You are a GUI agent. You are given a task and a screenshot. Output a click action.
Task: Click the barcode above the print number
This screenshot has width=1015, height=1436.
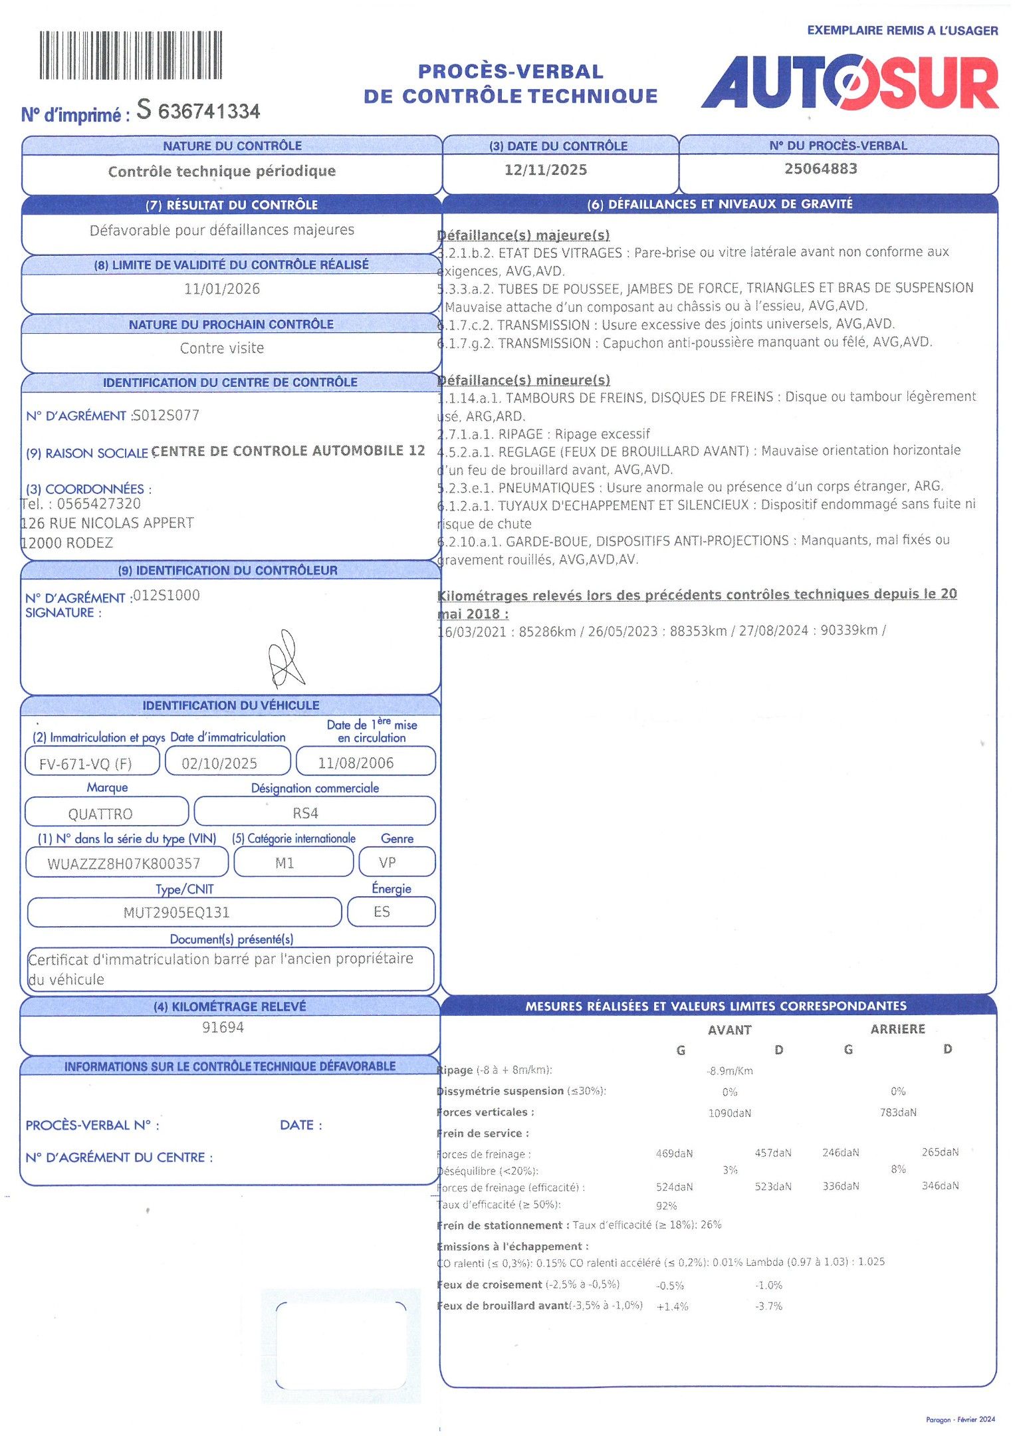click(130, 55)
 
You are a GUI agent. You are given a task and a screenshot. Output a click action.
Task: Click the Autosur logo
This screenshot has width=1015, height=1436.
click(849, 82)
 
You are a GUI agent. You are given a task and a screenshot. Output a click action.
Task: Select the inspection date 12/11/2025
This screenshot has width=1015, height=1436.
click(545, 170)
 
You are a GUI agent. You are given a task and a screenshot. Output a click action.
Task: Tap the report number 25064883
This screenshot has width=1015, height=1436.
click(820, 169)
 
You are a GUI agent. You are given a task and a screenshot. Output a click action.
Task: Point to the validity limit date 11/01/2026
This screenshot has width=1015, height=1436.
click(222, 289)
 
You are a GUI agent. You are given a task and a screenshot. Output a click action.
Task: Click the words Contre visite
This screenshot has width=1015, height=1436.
click(222, 348)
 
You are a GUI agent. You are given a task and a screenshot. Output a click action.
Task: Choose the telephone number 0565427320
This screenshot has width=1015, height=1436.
click(98, 504)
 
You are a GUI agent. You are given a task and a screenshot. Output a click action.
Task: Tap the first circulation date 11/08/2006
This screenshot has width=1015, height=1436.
click(356, 763)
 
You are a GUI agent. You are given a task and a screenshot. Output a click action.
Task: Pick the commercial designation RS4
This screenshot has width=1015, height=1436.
click(305, 813)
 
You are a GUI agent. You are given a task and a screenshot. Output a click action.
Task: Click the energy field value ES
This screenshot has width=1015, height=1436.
click(382, 912)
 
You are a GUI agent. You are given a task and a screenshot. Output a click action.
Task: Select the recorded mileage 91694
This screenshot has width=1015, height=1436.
click(223, 1028)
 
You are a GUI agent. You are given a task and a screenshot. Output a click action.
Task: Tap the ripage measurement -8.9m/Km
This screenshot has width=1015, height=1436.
click(729, 1071)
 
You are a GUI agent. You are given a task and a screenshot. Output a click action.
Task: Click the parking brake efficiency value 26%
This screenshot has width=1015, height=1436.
click(711, 1225)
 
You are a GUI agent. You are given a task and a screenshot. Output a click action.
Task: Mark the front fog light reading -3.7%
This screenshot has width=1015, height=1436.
click(768, 1306)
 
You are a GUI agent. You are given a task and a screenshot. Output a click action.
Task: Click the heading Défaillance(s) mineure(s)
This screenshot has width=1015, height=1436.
click(524, 380)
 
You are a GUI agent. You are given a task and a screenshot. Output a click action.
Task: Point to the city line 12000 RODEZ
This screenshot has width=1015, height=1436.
click(67, 543)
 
